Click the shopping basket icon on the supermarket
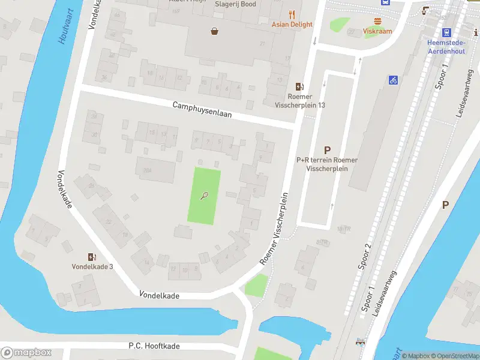[x=214, y=31]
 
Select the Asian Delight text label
[x=292, y=25]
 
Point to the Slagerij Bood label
[x=236, y=4]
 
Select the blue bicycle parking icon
[x=393, y=79]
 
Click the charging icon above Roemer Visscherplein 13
[x=300, y=87]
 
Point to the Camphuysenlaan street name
[x=202, y=109]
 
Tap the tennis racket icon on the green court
[x=205, y=195]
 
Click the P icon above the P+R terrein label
[x=328, y=151]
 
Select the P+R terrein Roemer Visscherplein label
[x=327, y=164]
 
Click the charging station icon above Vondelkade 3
[x=92, y=257]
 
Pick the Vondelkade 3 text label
[x=92, y=267]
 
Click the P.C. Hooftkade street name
[x=154, y=346]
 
